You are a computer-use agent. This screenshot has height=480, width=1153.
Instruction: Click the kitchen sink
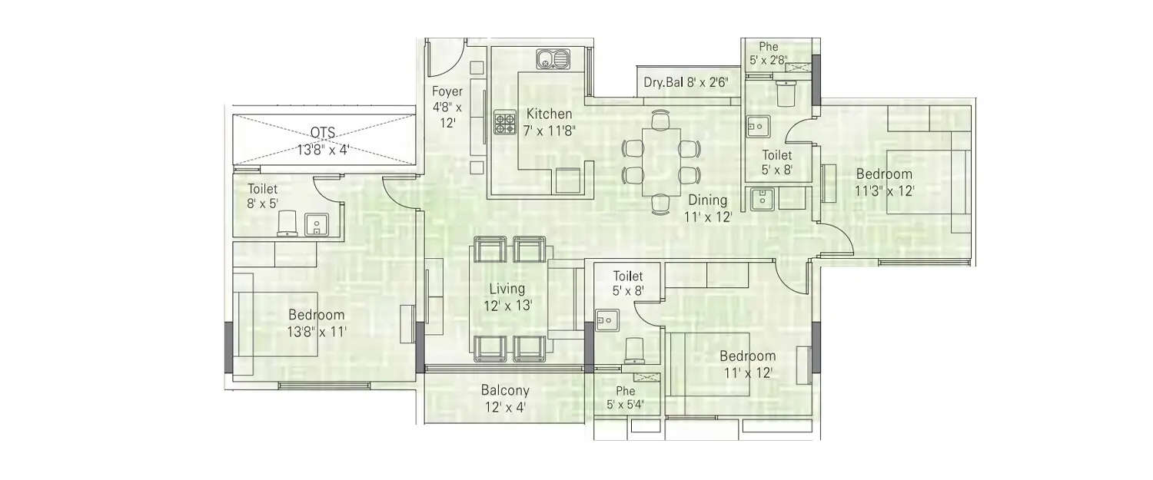coord(553,58)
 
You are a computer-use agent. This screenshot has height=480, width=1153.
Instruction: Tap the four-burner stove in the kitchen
coord(504,123)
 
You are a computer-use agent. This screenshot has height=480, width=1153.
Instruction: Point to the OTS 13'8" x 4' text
coord(323,141)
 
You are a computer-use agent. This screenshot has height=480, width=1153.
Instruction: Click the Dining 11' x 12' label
coord(708,208)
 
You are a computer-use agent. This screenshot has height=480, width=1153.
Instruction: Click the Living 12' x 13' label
coord(507,296)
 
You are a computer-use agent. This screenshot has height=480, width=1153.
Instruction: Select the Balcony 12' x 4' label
coord(505,399)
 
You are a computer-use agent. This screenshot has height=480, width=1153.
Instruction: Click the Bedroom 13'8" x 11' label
coord(317,323)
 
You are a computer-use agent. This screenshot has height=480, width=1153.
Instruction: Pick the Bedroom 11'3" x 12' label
coord(884,182)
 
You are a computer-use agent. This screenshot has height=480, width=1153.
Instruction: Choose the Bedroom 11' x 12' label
coord(747,364)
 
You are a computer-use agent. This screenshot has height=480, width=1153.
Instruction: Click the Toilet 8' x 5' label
coord(262,196)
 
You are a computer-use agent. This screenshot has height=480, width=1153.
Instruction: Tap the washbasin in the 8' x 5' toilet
coord(316,224)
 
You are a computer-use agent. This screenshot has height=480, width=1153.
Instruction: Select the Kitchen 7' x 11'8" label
coord(549,121)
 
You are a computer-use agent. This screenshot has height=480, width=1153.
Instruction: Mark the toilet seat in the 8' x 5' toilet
coord(286,222)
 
